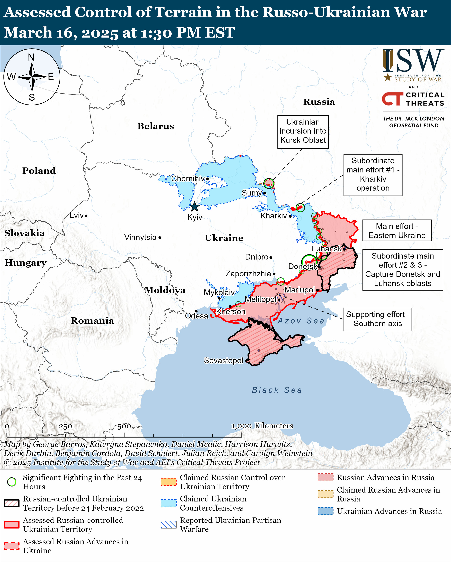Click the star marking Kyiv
pyautogui.click(x=194, y=207)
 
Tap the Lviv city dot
pyautogui.click(x=86, y=216)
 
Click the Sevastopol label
pyautogui.click(x=223, y=361)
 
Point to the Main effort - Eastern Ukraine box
pyautogui.click(x=397, y=231)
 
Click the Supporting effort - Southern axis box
pyautogui.click(x=378, y=319)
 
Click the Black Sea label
pyautogui.click(x=277, y=390)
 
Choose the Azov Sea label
pyautogui.click(x=301, y=321)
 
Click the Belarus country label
pyautogui.click(x=156, y=126)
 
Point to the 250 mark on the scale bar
pyautogui.click(x=65, y=426)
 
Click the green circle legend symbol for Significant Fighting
pyautogui.click(x=12, y=482)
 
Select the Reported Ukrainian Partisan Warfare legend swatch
pyautogui.click(x=168, y=525)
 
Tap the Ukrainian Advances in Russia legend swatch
pyautogui.click(x=326, y=511)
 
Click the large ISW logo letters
pyautogui.click(x=413, y=61)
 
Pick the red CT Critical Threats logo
pyautogui.click(x=392, y=99)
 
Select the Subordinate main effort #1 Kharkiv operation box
pyautogui.click(x=373, y=175)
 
